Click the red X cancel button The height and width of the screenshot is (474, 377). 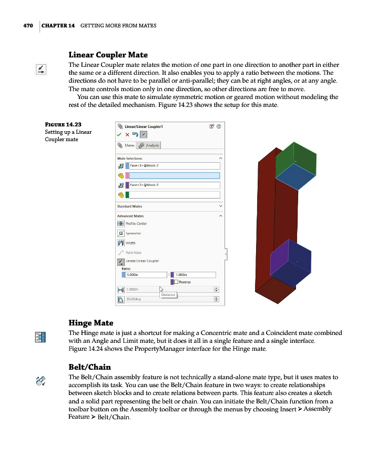(127, 134)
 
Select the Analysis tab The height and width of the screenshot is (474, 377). (149, 145)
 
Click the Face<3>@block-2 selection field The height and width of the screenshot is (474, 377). (174, 165)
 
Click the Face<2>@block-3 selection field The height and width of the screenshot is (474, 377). (174, 185)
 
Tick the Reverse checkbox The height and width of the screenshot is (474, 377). (176, 282)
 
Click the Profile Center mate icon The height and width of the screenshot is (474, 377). (120, 223)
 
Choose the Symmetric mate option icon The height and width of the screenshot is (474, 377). (120, 233)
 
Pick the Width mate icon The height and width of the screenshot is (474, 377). (120, 243)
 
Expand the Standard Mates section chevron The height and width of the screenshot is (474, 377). (220, 206)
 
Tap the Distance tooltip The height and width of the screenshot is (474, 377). (168, 295)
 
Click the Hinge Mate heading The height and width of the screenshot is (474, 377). (91, 322)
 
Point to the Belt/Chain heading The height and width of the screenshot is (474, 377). (90, 367)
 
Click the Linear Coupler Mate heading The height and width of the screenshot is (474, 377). (108, 54)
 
